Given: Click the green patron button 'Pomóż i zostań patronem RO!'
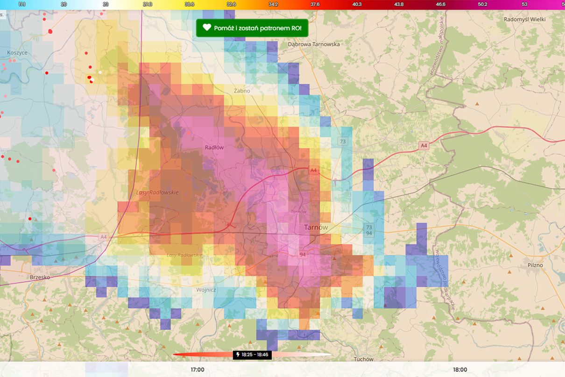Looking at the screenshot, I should coord(252,28).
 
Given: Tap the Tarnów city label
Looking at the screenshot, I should coord(316,227).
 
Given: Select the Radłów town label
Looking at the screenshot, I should coord(214,147).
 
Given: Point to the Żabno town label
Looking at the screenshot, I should coord(242,91).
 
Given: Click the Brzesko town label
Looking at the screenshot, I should coord(40,277).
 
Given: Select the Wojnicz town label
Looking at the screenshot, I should coord(206,290).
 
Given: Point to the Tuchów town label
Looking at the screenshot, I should coord(364,359).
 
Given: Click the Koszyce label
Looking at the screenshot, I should coord(17,53).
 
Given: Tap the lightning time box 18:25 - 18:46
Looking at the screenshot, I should coord(252,355).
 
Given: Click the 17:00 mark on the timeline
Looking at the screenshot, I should coord(198,370).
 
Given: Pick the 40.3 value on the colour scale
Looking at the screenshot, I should coord(357,4).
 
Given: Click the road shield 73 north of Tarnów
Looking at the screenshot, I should coord(343,142).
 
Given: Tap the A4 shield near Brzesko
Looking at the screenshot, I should coord(103,237).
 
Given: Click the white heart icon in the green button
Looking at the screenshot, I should coord(207,28).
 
